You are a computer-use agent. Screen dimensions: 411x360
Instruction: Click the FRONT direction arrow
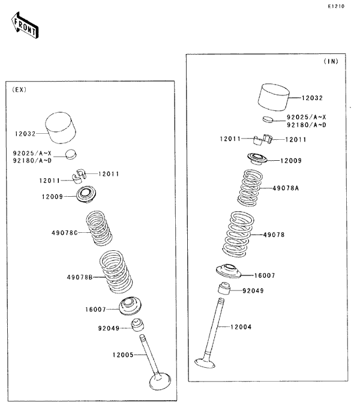[x=24, y=26]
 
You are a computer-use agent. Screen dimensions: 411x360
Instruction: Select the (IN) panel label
[x=331, y=62]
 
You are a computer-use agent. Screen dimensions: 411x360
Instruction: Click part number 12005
[x=122, y=355]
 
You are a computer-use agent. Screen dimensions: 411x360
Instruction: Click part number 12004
[x=242, y=327]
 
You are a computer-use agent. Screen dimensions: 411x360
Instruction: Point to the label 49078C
[x=64, y=232]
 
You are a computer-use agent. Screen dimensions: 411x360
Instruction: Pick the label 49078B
[x=79, y=277]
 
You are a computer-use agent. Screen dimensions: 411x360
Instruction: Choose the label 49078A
[x=286, y=188]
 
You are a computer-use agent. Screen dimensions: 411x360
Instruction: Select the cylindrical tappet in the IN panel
[x=275, y=98]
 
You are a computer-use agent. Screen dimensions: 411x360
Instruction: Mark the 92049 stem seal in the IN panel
[x=224, y=290]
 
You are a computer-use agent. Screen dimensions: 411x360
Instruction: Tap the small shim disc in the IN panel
[x=268, y=119]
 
